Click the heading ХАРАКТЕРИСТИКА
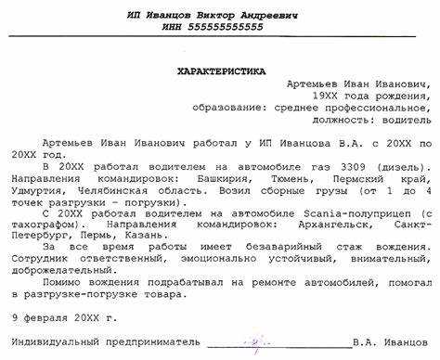(220, 71)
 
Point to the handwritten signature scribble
(255, 345)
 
